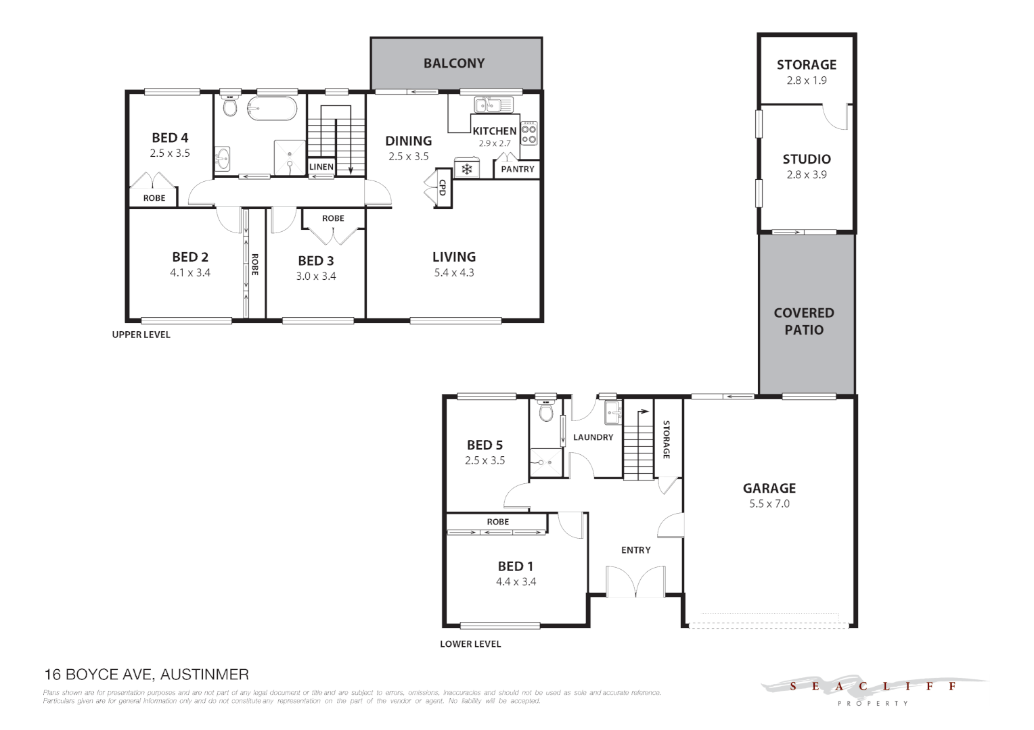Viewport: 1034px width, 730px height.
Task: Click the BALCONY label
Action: click(454, 64)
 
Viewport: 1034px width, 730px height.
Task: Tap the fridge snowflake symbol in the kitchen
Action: click(467, 169)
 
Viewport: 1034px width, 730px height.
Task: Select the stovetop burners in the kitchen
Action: click(529, 134)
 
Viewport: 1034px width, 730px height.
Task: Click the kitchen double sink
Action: click(493, 105)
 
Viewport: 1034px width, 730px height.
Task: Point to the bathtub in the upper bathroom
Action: click(271, 108)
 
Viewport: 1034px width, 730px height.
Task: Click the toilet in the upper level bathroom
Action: click(230, 106)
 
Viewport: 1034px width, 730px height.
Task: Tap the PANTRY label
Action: click(518, 169)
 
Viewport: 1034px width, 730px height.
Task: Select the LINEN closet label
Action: click(321, 167)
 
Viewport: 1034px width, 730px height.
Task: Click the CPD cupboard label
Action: click(443, 187)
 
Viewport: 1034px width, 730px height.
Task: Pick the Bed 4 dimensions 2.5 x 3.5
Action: click(170, 153)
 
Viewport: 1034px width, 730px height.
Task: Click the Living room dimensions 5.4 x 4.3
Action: click(454, 273)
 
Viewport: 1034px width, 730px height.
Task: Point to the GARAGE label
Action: click(769, 488)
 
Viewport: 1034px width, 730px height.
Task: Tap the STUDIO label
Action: click(807, 160)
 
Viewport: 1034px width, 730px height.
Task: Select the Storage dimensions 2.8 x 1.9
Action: click(807, 80)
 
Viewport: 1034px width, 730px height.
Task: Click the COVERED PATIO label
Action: click(804, 322)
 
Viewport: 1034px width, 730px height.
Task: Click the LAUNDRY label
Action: click(593, 437)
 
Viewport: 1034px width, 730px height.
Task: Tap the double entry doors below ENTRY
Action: click(635, 583)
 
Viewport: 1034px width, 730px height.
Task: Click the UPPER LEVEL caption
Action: click(141, 335)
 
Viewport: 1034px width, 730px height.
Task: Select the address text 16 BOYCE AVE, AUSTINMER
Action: click(146, 675)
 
